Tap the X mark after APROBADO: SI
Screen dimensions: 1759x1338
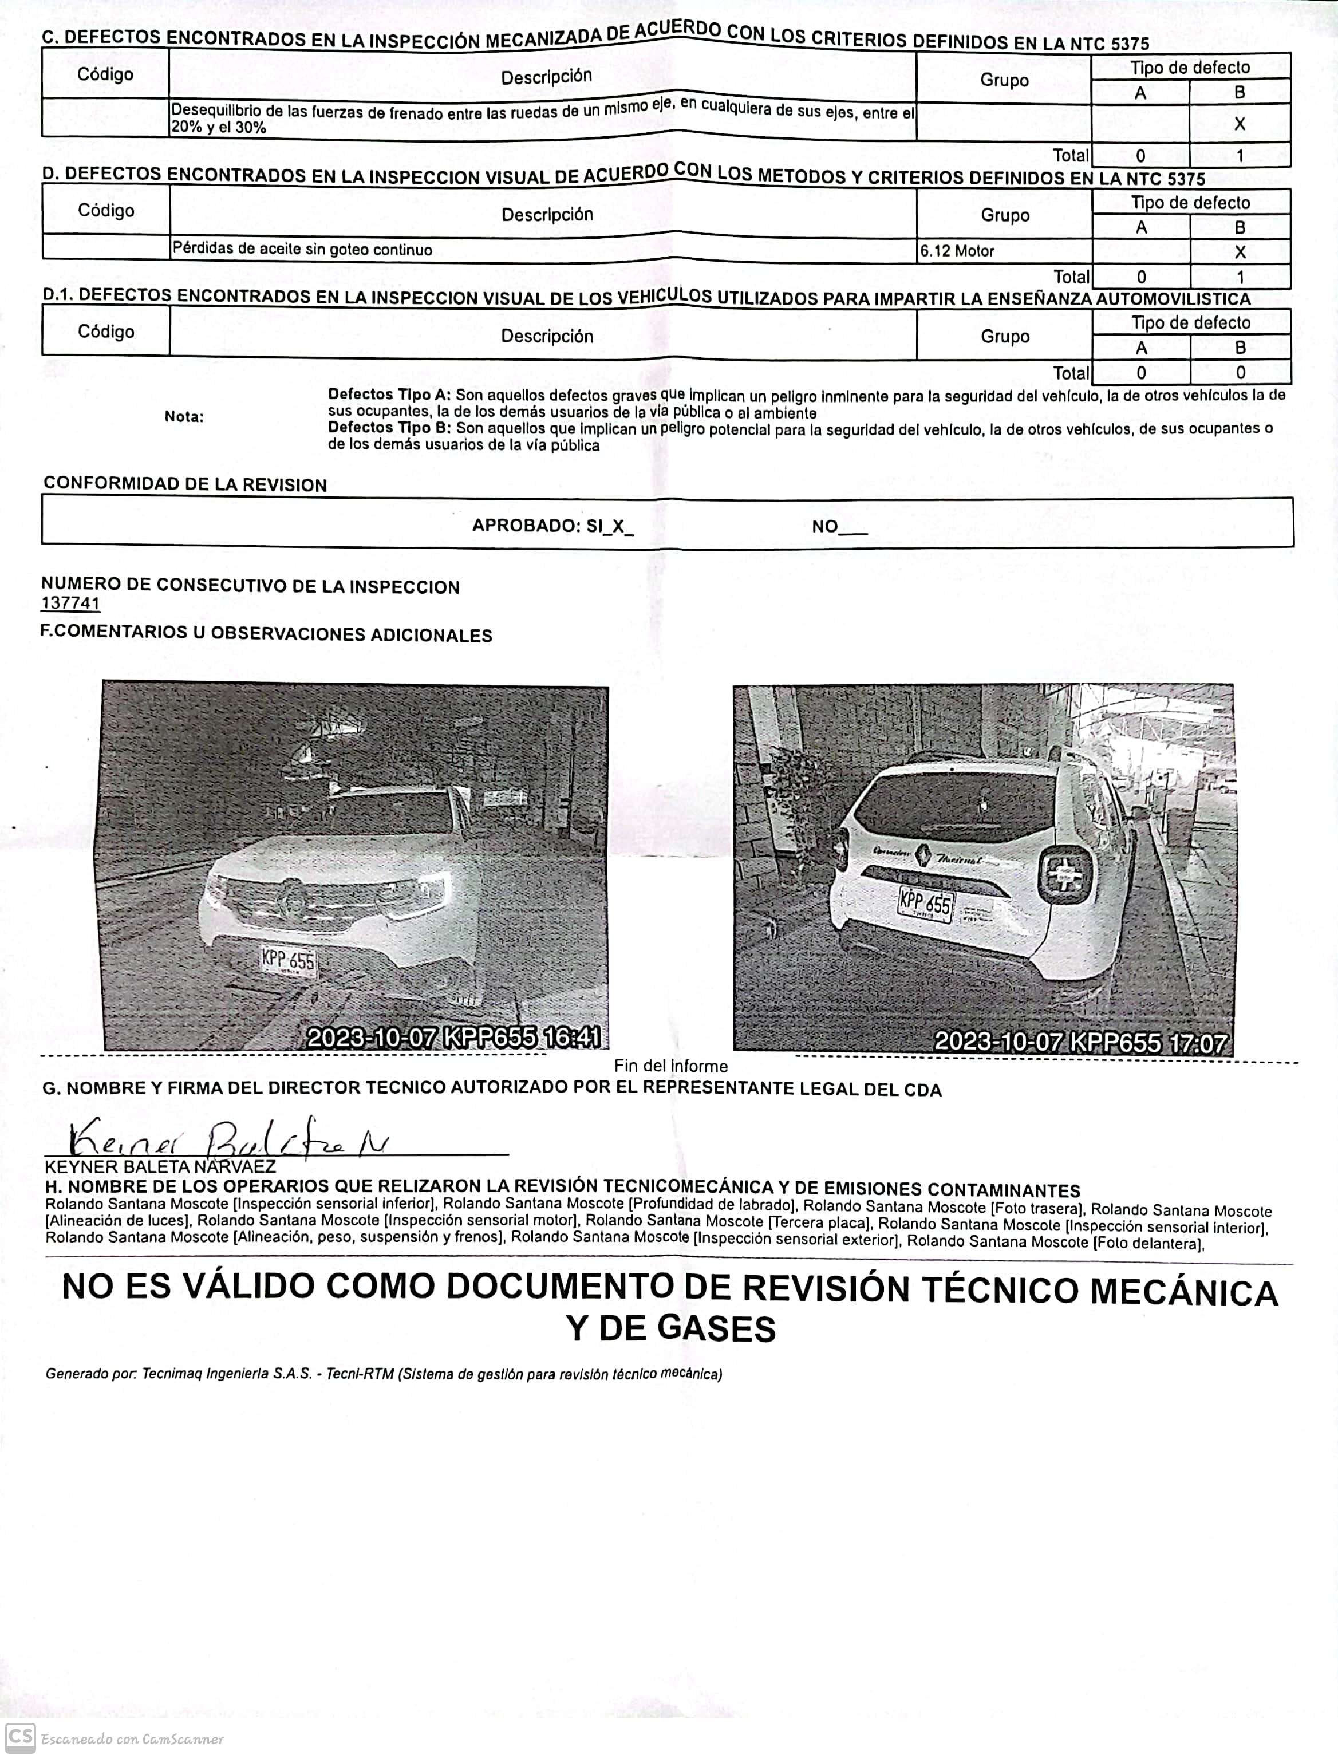pos(618,526)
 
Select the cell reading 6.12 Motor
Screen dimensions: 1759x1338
pos(957,251)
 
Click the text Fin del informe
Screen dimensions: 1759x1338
pos(670,1066)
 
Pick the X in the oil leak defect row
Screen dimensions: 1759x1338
pos(1240,253)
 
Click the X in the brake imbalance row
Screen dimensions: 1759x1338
pos(1240,124)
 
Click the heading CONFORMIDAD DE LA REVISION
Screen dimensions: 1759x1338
pos(185,485)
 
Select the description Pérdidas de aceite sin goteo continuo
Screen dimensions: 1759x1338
pos(303,249)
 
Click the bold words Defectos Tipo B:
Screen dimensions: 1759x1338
pos(389,428)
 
